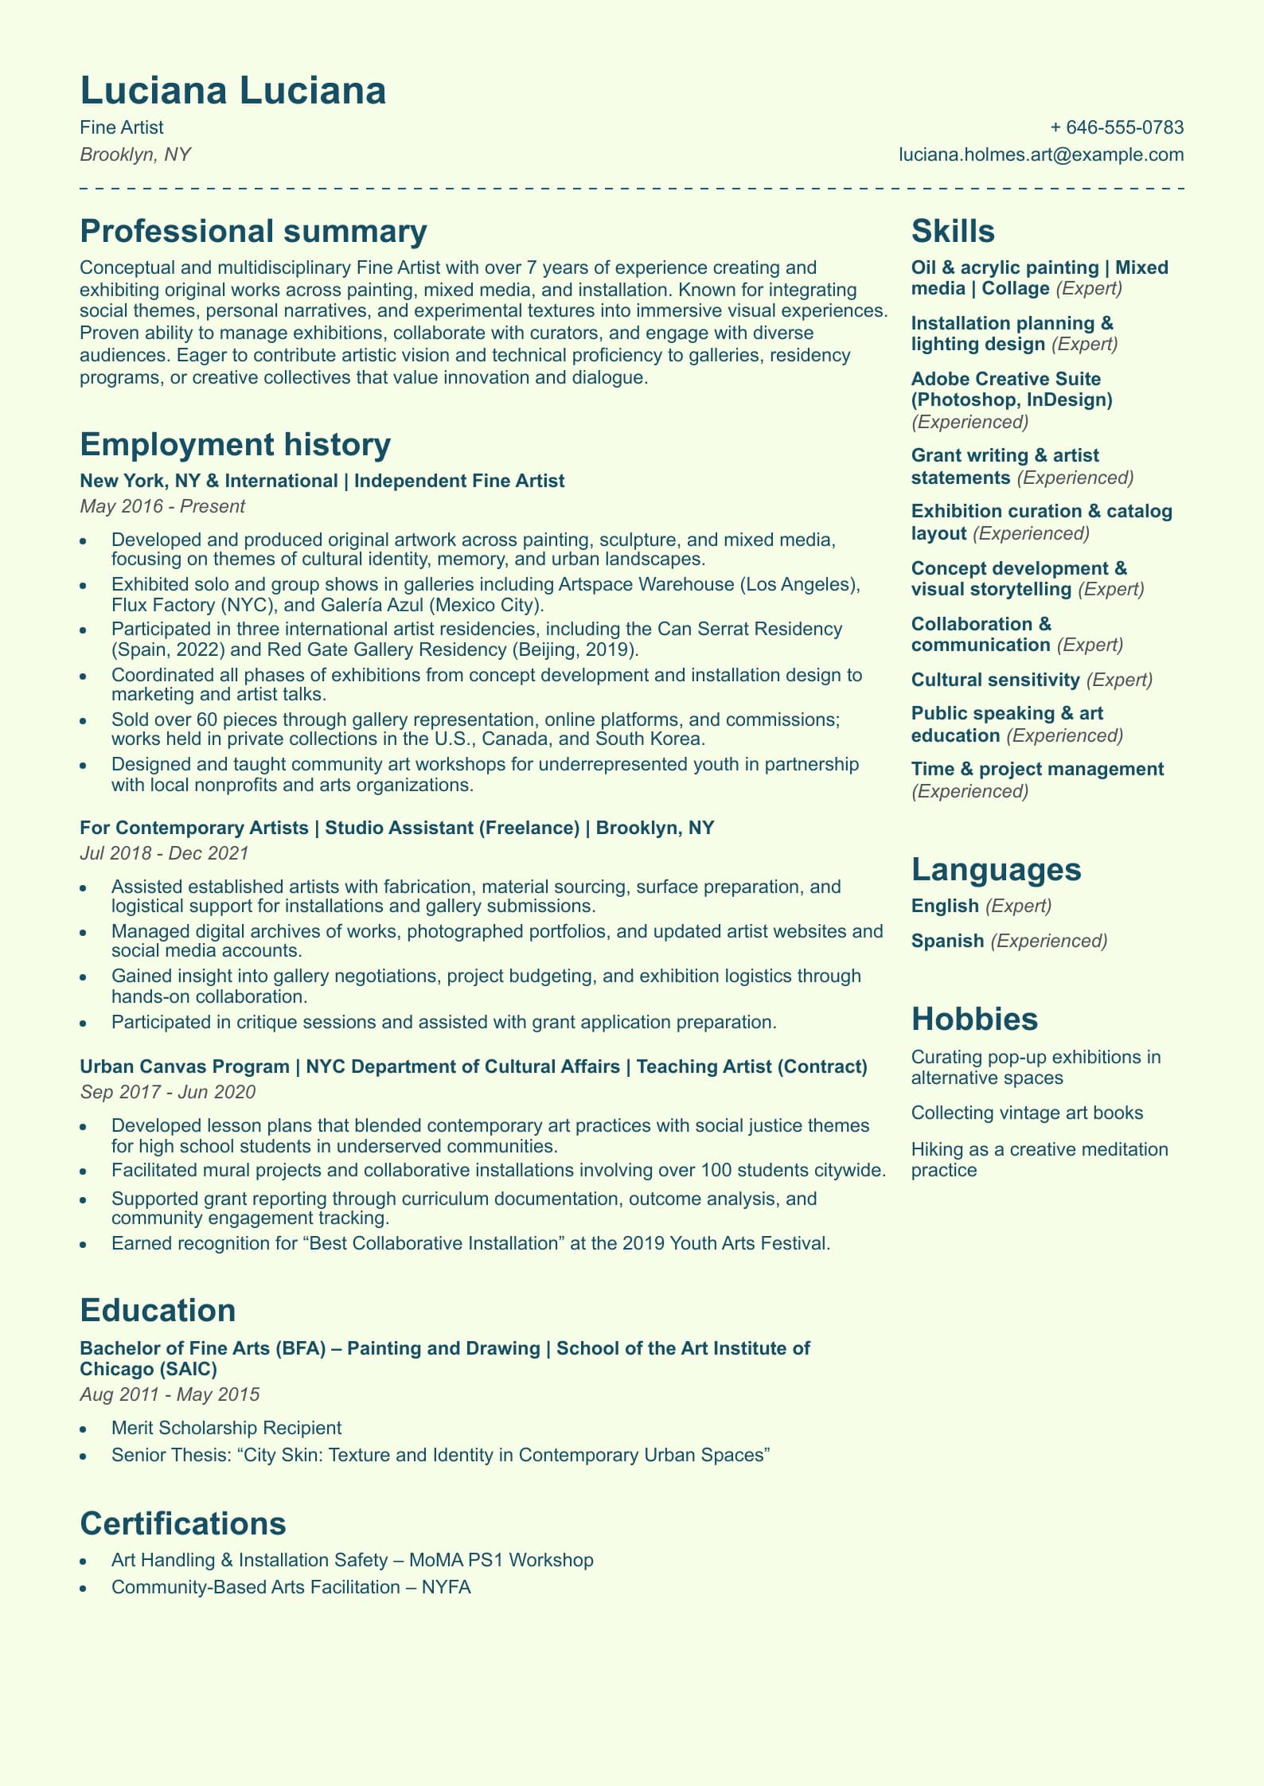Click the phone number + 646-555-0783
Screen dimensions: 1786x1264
pyautogui.click(x=1117, y=127)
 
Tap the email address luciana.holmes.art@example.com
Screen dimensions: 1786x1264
pyautogui.click(x=1041, y=154)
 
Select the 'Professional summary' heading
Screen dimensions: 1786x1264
pyautogui.click(x=253, y=232)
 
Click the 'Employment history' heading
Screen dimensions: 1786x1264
pyautogui.click(x=235, y=445)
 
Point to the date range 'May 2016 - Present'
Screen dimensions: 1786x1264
pyautogui.click(x=162, y=506)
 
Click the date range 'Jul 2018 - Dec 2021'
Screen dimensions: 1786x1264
pyautogui.click(x=164, y=853)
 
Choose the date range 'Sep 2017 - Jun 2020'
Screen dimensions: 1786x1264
pyautogui.click(x=167, y=1092)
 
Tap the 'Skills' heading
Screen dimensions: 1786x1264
pyautogui.click(x=953, y=232)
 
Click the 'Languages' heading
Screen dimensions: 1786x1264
pyautogui.click(x=996, y=870)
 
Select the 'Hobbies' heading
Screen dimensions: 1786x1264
pyautogui.click(x=974, y=1020)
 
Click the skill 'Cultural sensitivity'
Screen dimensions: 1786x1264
pyautogui.click(x=995, y=680)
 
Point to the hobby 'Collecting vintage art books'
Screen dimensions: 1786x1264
pyautogui.click(x=1027, y=1113)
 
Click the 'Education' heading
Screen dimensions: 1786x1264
pyautogui.click(x=158, y=1311)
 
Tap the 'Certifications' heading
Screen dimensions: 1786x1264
pyautogui.click(x=183, y=1524)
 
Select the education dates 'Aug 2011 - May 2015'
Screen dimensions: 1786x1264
pyautogui.click(x=170, y=1394)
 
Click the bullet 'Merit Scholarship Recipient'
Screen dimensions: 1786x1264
pyautogui.click(x=226, y=1428)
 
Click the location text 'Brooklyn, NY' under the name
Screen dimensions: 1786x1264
pyautogui.click(x=135, y=154)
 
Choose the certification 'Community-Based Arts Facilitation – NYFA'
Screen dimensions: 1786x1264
pyautogui.click(x=291, y=1587)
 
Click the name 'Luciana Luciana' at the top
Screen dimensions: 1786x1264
pyautogui.click(x=233, y=91)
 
